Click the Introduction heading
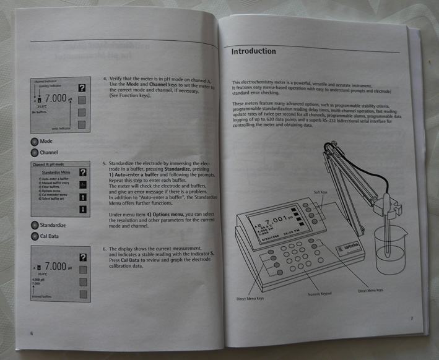253,51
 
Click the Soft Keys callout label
320,192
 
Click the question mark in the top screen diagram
80,88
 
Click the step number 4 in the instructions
105,79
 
